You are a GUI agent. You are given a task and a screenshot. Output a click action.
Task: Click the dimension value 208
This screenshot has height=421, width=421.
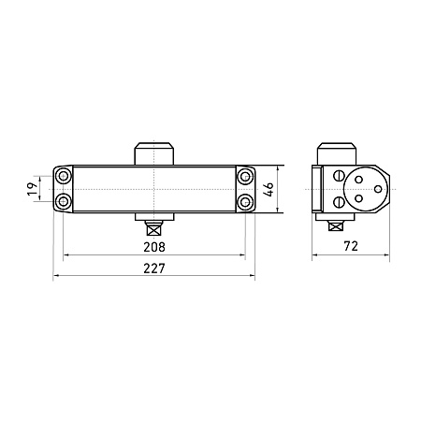point(154,247)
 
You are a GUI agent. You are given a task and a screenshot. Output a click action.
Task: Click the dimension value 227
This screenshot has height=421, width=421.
point(154,269)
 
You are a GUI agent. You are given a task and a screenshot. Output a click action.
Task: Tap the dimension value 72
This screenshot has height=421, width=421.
point(351,246)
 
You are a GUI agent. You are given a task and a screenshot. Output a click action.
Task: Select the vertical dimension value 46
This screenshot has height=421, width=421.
point(269,189)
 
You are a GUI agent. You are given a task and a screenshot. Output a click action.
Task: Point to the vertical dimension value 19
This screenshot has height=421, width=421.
point(33,189)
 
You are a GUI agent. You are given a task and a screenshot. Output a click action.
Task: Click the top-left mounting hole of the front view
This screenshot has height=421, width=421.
point(64,177)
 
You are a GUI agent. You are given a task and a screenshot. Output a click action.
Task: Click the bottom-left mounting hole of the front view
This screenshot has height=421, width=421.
point(64,201)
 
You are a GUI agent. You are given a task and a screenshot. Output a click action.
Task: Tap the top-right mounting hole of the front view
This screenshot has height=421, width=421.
point(245,177)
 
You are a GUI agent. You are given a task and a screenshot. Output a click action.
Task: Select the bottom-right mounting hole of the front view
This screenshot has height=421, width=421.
point(245,201)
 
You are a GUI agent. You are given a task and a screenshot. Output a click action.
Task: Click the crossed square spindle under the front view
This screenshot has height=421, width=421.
point(154,230)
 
